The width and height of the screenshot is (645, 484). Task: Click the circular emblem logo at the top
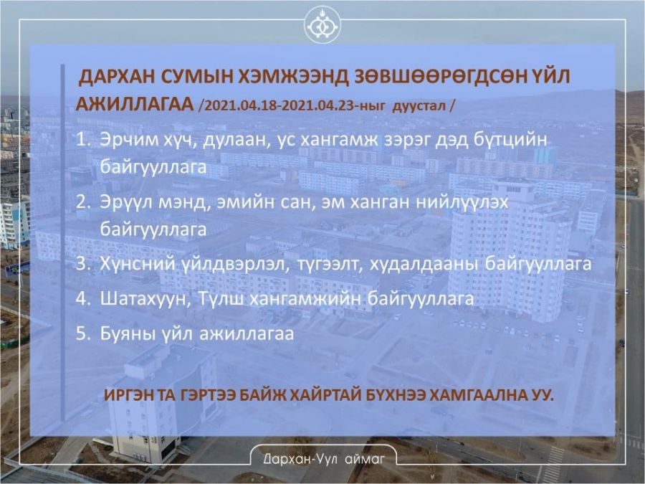[x=322, y=26]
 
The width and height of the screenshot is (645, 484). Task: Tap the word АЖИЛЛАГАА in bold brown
[x=135, y=105]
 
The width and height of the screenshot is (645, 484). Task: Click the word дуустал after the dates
[x=419, y=106]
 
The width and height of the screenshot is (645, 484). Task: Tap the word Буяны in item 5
[x=125, y=333]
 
